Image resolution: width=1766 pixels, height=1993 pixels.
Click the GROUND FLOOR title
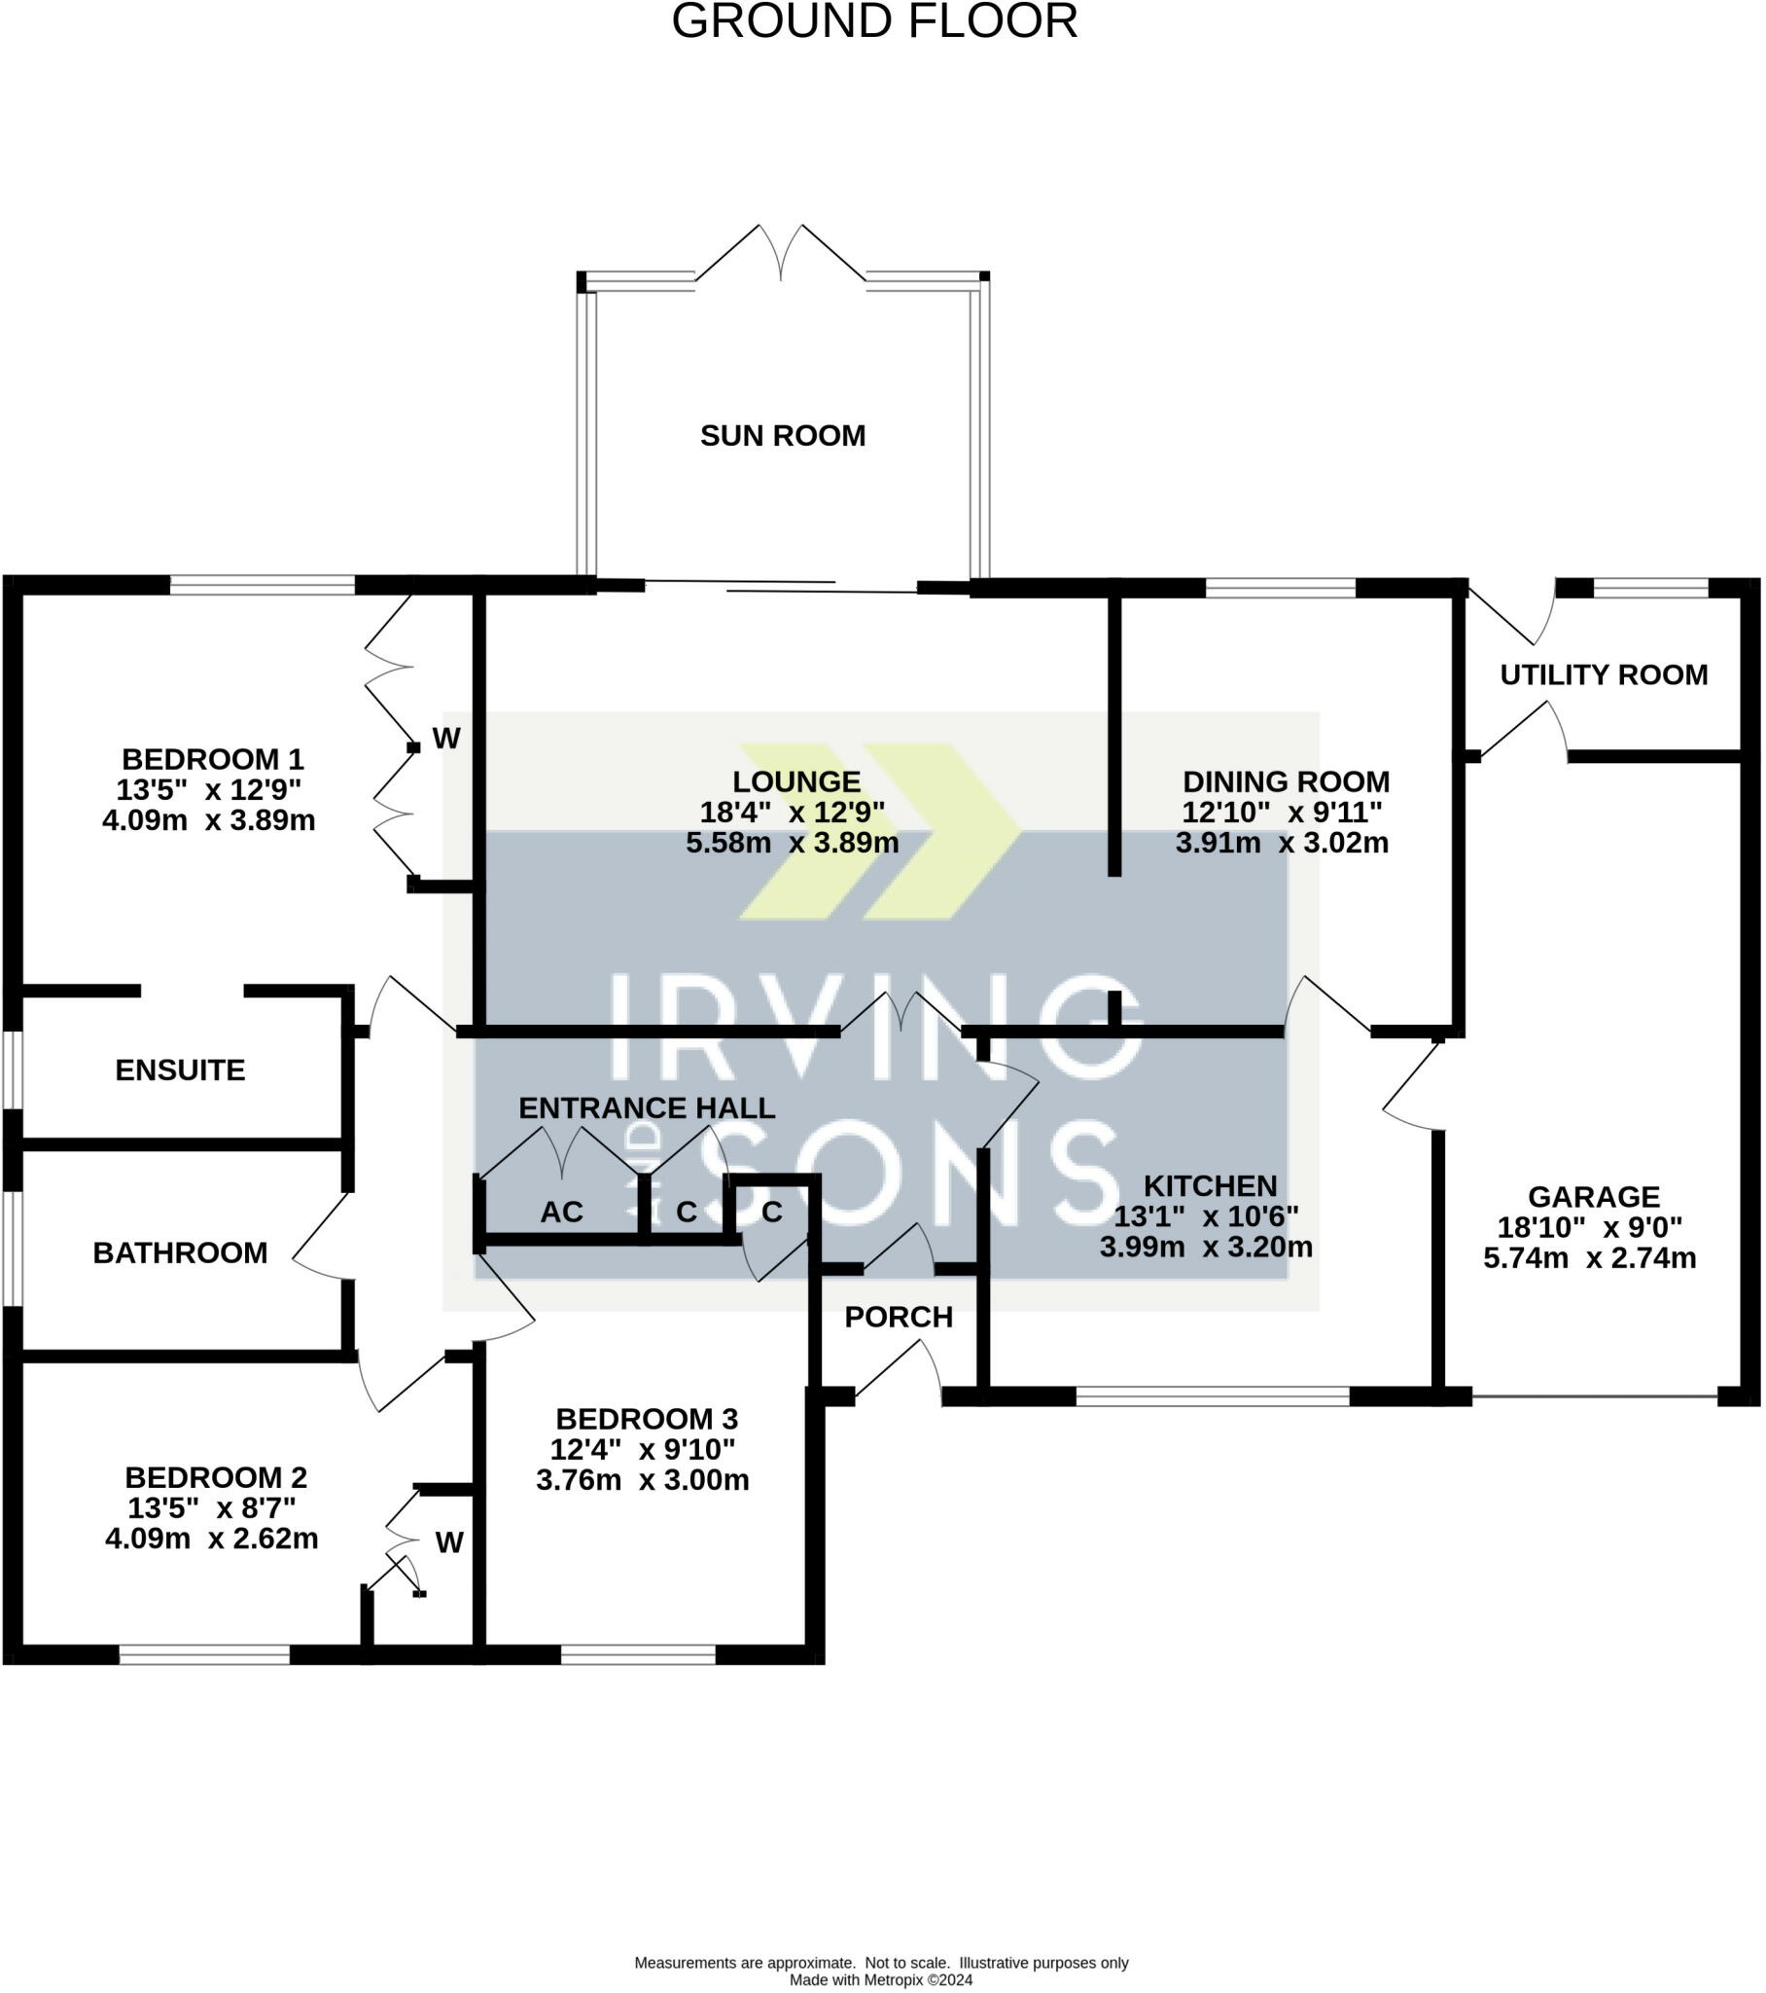coord(874,21)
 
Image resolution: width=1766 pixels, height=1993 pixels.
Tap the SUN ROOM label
coord(783,435)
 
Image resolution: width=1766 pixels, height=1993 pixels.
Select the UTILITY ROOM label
coord(1604,673)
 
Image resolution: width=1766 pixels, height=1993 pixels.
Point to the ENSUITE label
coord(180,1069)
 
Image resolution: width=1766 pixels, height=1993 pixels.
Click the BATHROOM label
coord(180,1252)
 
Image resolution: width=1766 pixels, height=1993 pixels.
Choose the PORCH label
coord(899,1317)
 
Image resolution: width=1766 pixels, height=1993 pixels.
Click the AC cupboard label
coord(561,1211)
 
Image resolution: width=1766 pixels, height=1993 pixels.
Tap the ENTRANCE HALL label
coord(646,1107)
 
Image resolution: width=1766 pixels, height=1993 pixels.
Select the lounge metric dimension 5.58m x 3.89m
coord(793,843)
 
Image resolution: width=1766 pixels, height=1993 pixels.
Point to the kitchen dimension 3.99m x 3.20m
coord(1207,1247)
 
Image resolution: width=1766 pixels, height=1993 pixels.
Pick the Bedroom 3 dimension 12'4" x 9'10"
coord(642,1449)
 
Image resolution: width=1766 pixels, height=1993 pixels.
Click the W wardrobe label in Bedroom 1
coord(446,738)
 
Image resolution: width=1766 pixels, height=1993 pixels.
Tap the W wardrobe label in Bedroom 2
coord(449,1542)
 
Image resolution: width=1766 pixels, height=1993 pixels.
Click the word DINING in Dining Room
coord(1232,781)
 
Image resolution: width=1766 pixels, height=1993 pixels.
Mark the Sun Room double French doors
coord(781,254)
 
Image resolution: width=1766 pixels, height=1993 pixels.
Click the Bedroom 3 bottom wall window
coord(638,1654)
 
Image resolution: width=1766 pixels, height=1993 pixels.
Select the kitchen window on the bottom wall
coord(1213,1396)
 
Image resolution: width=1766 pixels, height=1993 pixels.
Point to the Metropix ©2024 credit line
coord(881,1980)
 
